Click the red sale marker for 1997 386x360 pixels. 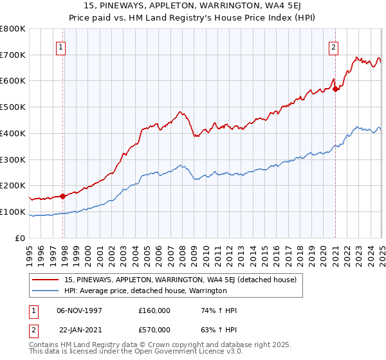click(63, 196)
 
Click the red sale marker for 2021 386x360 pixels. click(336, 89)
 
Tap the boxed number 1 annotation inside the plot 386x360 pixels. click(60, 46)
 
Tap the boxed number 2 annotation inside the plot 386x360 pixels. click(334, 46)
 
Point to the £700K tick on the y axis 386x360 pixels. click(15, 55)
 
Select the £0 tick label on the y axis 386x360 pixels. click(21, 238)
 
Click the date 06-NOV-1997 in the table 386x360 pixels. click(80, 310)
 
